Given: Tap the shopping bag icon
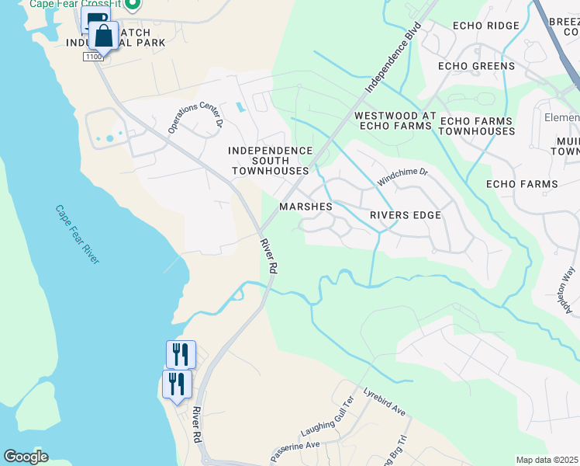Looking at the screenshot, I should [x=103, y=36].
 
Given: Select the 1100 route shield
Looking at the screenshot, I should [x=94, y=57].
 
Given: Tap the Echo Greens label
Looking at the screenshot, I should [x=476, y=66].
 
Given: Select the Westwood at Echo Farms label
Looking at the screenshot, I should [x=392, y=120].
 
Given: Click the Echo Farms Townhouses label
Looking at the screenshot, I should [x=476, y=126].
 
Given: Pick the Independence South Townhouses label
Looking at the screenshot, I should [x=271, y=160].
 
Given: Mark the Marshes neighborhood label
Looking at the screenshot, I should [x=306, y=207].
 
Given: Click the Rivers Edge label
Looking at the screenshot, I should [x=406, y=215].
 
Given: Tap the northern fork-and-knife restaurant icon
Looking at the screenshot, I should [x=181, y=354].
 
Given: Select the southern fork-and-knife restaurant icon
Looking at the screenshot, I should [x=177, y=384].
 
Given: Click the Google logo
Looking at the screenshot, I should [x=26, y=457].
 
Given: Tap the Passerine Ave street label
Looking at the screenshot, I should [x=295, y=451].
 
